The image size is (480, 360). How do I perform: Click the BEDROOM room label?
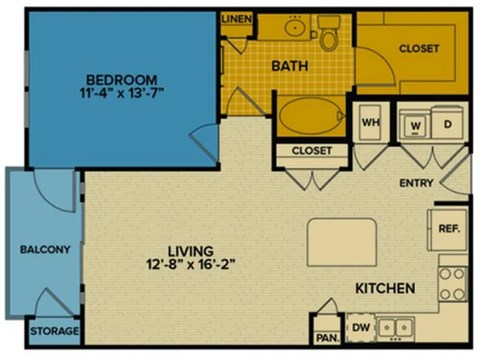tap(121, 80)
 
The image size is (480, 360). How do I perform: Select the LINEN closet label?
tap(236, 19)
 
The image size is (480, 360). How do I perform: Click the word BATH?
tap(288, 67)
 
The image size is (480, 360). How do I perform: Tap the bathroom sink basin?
tap(295, 27)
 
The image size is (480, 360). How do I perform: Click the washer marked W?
tap(416, 124)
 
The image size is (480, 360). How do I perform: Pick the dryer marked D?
tap(447, 124)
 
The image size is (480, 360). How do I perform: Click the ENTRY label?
tap(415, 183)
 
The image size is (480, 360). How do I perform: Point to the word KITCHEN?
tap(385, 289)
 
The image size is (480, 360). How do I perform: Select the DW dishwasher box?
tap(359, 326)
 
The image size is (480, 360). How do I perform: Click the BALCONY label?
tap(45, 249)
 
